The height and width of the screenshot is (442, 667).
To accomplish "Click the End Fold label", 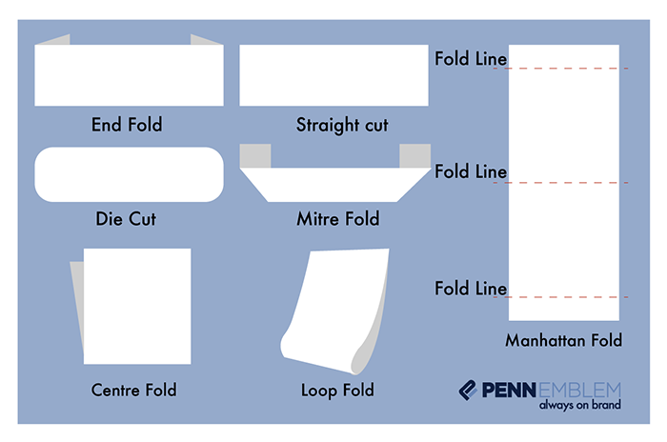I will click(x=127, y=125).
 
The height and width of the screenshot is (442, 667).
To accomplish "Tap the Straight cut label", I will click(x=342, y=125).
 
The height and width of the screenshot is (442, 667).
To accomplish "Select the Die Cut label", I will click(x=126, y=219).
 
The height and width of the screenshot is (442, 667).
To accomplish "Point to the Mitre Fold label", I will click(x=337, y=219).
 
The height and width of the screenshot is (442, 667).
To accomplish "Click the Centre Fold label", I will click(x=134, y=390).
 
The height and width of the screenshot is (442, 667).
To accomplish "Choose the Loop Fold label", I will click(x=337, y=390).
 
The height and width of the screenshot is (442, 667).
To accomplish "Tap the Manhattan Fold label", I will click(x=564, y=340).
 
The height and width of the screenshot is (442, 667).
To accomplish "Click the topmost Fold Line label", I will click(x=471, y=58).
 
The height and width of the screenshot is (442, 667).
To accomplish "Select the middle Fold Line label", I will click(x=471, y=171).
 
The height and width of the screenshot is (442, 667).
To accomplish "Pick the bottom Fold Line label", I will click(x=471, y=287).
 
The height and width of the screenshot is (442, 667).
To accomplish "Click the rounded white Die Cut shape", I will click(x=129, y=174).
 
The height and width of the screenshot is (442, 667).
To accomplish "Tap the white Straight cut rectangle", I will click(x=333, y=75).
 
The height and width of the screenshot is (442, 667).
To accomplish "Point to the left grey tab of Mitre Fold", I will click(x=256, y=154).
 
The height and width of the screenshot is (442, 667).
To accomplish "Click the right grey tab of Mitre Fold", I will click(x=413, y=154).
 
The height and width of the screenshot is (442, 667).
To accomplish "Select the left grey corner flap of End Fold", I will click(x=58, y=40).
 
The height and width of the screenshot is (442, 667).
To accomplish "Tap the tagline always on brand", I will click(x=579, y=405).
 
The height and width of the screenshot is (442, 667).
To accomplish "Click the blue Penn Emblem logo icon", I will click(x=469, y=390).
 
